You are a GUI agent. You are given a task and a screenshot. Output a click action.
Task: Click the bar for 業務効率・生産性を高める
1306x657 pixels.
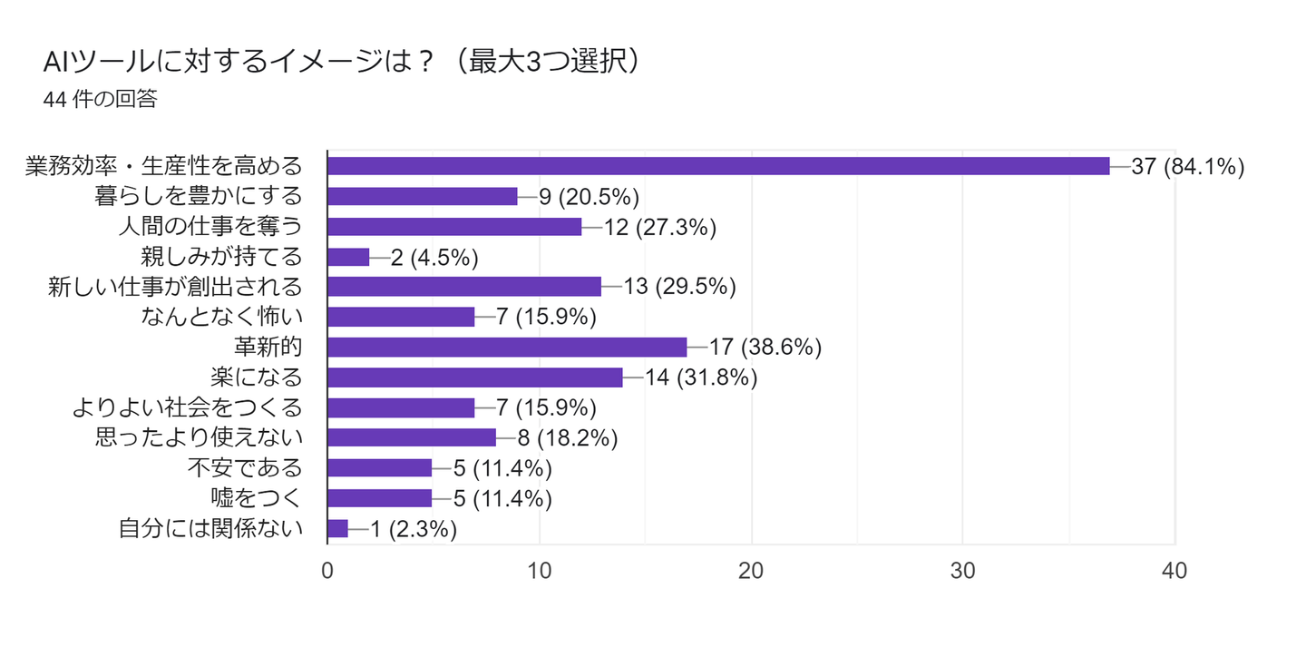point(718,166)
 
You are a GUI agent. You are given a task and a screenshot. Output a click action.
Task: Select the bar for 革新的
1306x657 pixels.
point(507,347)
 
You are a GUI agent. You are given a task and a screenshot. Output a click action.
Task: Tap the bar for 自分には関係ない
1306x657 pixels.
point(337,528)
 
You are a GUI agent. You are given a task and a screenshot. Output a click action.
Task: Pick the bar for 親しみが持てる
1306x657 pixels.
point(348,257)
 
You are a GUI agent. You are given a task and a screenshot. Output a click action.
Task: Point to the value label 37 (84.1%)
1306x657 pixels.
point(1187,166)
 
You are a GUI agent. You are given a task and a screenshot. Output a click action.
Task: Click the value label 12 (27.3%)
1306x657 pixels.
point(660,227)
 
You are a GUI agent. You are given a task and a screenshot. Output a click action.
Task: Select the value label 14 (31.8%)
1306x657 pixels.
point(701,378)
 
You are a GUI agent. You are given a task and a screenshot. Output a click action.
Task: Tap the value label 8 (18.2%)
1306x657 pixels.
point(568,438)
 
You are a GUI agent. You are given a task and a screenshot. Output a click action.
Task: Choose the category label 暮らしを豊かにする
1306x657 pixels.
point(198,196)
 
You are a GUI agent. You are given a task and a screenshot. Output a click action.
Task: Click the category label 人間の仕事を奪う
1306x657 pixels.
point(210,227)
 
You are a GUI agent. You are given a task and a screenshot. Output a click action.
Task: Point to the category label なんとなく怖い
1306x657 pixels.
point(221,317)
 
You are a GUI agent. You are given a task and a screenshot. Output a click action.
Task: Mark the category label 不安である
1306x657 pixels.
point(245,468)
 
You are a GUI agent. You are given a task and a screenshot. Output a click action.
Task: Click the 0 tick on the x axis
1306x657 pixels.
point(327,571)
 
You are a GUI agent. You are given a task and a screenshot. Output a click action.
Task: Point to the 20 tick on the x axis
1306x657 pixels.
point(751,571)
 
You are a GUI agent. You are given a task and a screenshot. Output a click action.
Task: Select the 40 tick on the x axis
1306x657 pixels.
point(1174,571)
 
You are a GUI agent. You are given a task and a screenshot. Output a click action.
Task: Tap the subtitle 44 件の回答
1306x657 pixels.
point(100,100)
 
